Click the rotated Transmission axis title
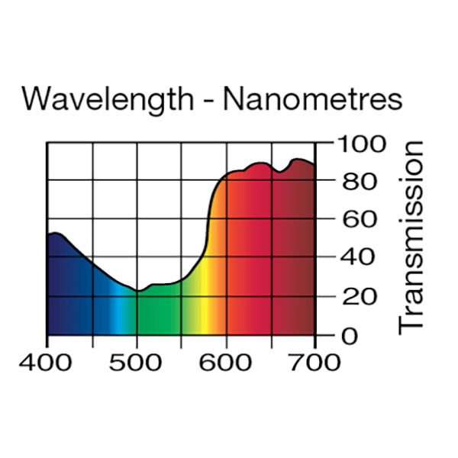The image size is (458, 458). click(x=411, y=237)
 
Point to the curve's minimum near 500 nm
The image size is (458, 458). click(x=137, y=291)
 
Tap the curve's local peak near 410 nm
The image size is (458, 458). click(x=55, y=233)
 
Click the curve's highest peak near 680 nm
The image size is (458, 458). click(x=298, y=160)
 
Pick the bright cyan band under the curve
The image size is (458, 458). click(x=117, y=313)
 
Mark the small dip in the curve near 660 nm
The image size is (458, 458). click(x=280, y=172)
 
